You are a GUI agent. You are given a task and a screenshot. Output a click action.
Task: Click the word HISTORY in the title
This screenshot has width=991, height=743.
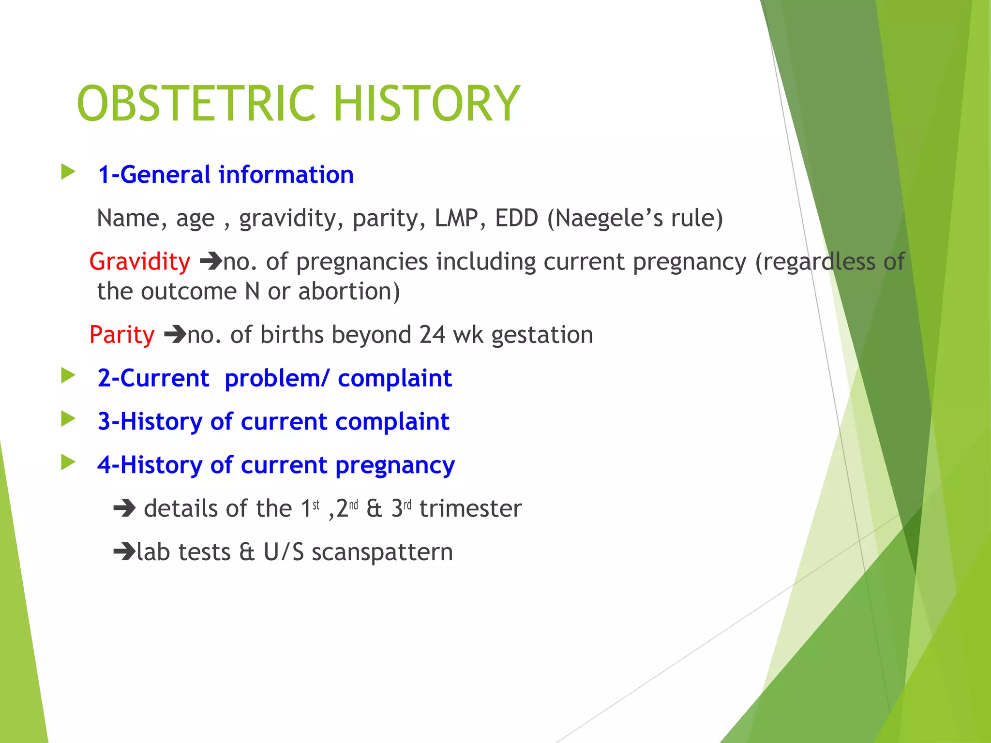point(426,104)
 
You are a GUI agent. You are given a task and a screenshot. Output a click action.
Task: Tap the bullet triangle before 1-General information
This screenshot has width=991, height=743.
point(68,172)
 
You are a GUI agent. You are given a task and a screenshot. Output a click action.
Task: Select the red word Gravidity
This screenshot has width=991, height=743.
point(140,262)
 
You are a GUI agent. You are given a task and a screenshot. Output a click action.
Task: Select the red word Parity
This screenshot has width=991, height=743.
point(122,335)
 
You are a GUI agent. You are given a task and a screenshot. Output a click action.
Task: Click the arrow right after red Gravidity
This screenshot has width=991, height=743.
point(211,262)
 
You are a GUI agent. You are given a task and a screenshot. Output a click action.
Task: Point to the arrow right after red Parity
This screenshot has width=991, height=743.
point(175,335)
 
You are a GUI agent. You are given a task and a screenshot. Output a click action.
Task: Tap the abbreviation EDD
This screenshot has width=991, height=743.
point(516,218)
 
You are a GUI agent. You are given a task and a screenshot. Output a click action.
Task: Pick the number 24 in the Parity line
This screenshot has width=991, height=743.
point(432,335)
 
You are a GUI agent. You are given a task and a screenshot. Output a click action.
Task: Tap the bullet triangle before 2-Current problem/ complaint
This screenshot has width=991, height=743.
point(68,375)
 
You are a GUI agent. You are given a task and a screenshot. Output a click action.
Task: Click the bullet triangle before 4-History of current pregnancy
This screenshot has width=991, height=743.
point(68,462)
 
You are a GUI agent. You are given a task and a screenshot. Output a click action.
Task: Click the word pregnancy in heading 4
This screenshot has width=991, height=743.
point(395,465)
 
